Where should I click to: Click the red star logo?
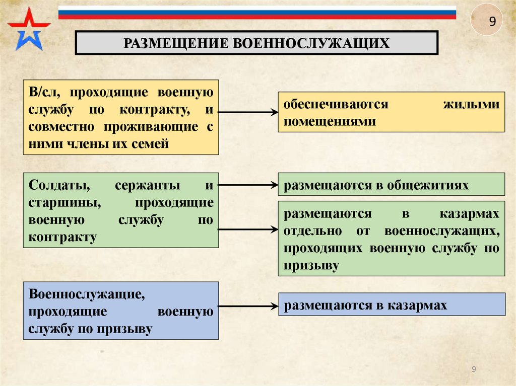[x=28, y=28]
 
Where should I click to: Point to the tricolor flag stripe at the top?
[x=257, y=12]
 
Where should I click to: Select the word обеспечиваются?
[x=336, y=105]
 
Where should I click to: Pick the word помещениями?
[x=330, y=121]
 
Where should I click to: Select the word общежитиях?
[x=428, y=185]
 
